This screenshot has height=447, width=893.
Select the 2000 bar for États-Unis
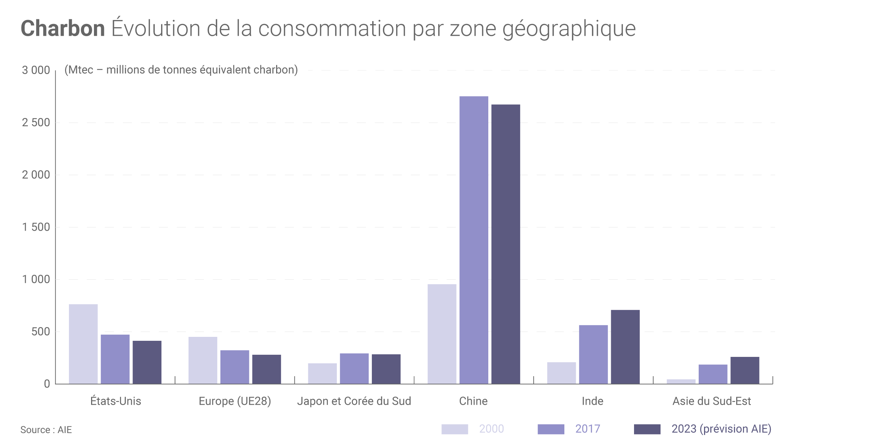83,344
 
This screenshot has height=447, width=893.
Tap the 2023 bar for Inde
625,347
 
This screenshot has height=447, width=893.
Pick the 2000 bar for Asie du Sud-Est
681,382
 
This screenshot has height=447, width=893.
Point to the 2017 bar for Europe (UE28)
235,367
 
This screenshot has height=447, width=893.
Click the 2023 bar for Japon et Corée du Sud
386,369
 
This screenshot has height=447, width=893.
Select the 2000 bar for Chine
442,334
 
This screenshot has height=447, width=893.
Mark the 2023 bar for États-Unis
147,362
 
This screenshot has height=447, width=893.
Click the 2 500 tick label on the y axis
36,123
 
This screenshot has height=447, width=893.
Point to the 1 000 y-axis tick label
36,279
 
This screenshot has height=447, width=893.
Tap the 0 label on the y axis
47,384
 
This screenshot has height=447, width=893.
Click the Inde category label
593,401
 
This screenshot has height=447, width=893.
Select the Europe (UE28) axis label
235,401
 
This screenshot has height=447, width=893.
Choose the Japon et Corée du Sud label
354,401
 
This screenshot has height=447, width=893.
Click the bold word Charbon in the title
63,29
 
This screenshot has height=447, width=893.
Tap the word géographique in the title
569,29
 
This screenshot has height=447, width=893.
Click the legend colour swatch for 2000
454,429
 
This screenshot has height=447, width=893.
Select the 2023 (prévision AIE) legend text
721,429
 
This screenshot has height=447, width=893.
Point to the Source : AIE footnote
46,430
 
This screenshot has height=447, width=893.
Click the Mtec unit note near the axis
181,70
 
